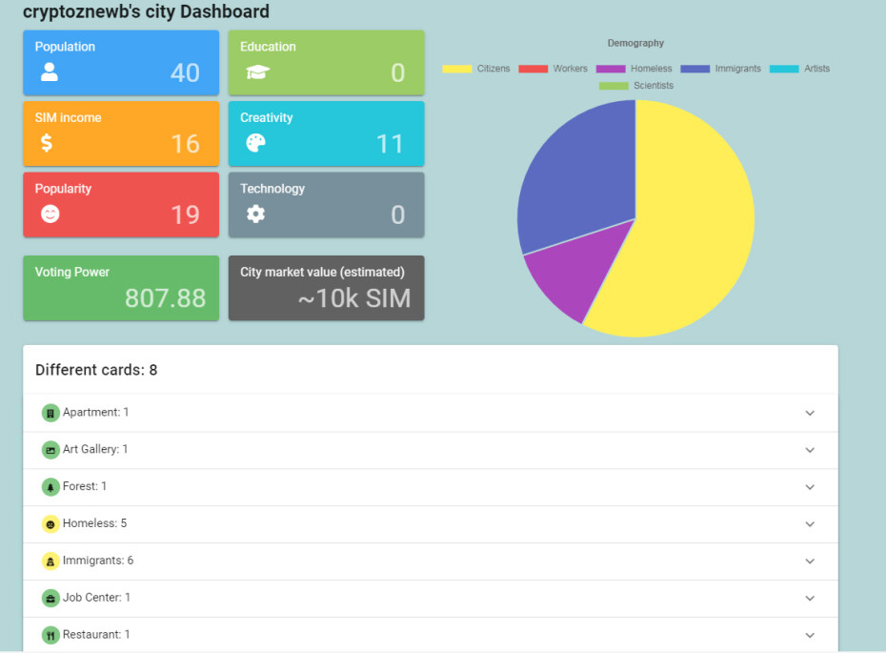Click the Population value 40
click(x=186, y=73)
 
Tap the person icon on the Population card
click(x=50, y=71)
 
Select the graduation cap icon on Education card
click(x=257, y=71)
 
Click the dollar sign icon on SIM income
click(x=47, y=142)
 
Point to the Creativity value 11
click(x=390, y=144)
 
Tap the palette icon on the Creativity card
click(x=255, y=143)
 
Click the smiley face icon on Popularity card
click(x=50, y=214)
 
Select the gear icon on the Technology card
click(x=255, y=214)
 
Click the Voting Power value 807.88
click(x=165, y=298)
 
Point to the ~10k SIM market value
click(x=354, y=298)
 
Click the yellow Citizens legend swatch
click(x=456, y=69)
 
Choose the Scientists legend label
click(x=654, y=86)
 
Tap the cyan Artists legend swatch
click(x=784, y=69)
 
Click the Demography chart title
click(x=635, y=43)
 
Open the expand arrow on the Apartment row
click(x=810, y=414)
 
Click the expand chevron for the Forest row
click(x=810, y=487)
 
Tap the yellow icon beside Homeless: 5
click(x=50, y=524)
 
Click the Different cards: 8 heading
click(x=96, y=370)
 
